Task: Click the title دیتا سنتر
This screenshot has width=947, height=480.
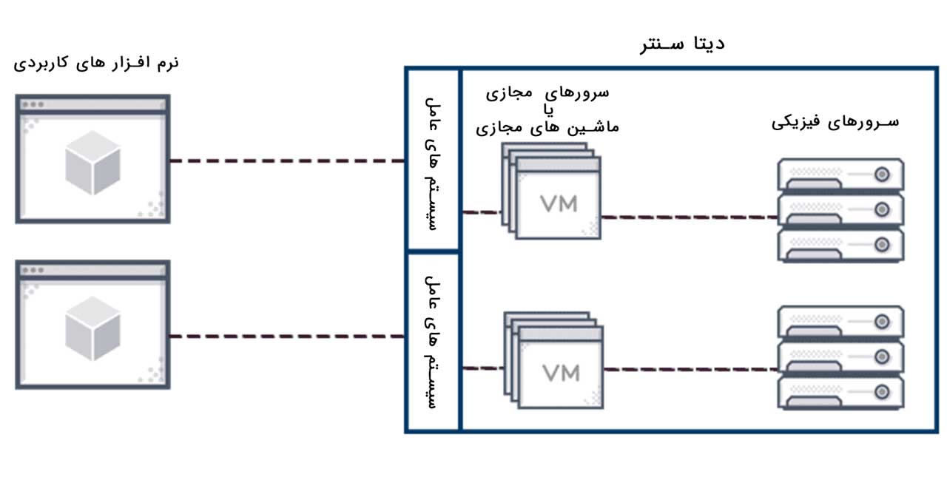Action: click(682, 43)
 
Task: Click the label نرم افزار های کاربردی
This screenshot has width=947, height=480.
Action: click(96, 62)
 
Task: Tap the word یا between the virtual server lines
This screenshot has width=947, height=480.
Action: click(547, 110)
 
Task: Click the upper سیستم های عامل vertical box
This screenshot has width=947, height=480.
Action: click(433, 160)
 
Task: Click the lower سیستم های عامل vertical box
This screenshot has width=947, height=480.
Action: click(433, 342)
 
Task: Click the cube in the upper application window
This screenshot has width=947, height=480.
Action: click(92, 163)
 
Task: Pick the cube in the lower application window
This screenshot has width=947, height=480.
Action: click(92, 328)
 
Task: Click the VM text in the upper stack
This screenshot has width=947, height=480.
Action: click(559, 203)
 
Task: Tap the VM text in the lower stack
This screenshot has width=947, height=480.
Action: click(560, 373)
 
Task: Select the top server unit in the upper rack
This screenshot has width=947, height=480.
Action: click(840, 175)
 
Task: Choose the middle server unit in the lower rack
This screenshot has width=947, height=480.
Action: click(840, 357)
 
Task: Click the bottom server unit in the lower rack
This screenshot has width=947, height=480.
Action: click(840, 392)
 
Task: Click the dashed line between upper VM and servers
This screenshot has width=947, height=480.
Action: click(688, 217)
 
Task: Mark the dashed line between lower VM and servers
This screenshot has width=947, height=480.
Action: click(688, 368)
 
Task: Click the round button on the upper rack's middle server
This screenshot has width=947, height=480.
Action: click(881, 209)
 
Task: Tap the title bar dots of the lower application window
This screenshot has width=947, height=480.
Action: click(32, 270)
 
